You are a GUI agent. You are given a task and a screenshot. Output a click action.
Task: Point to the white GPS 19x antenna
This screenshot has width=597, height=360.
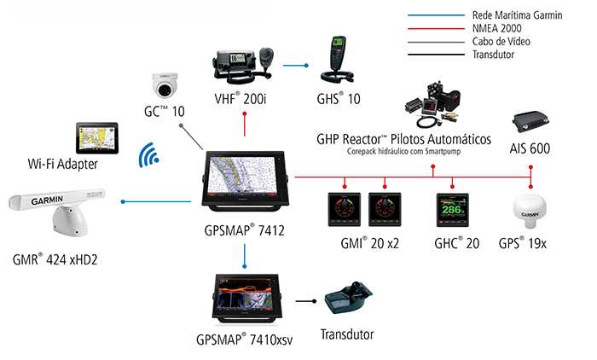tap(530, 215)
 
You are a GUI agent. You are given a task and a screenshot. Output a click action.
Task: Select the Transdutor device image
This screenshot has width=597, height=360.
tap(348, 302)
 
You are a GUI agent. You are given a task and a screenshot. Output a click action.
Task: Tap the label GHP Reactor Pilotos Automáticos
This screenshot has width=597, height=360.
tap(404, 139)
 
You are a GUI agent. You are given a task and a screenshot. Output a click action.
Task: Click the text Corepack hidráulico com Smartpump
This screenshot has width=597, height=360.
tap(405, 154)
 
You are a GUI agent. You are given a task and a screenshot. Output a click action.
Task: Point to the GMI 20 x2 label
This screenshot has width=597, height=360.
tap(368, 243)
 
